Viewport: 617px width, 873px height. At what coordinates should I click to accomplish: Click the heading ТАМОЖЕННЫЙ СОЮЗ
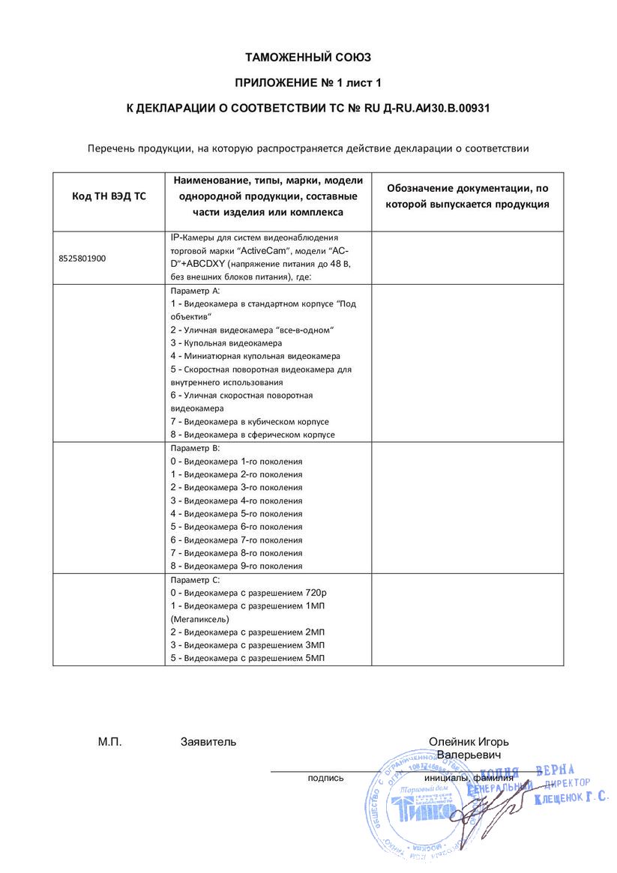coord(308,57)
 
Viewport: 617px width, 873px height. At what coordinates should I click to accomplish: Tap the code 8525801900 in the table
coord(82,258)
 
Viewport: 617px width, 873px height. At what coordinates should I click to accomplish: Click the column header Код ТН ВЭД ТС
coord(109,196)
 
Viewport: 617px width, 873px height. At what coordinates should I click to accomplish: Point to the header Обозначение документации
coord(467,189)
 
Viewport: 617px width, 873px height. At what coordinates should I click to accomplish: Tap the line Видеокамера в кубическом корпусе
coord(252,421)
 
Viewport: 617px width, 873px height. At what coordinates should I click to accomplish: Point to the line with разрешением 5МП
coord(247,659)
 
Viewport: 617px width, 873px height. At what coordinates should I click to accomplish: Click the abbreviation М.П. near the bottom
coord(109,742)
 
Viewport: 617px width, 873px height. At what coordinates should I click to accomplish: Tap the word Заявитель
coord(208,742)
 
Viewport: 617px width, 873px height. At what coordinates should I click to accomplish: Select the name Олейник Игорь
coord(469,742)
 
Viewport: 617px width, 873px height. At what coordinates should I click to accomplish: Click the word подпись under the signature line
coord(325,778)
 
